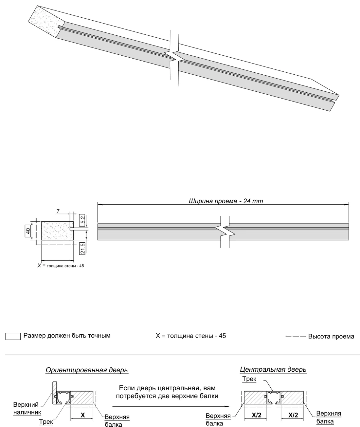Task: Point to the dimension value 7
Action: click(x=58, y=211)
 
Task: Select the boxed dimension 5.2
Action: click(x=82, y=220)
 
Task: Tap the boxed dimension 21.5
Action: click(x=82, y=248)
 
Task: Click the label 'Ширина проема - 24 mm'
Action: click(x=226, y=201)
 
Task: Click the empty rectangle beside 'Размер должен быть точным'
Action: click(x=13, y=336)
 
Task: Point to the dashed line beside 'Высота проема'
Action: click(x=296, y=336)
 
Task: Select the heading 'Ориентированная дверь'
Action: click(x=87, y=370)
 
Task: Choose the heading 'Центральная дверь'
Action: click(x=273, y=369)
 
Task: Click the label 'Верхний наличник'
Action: click(x=27, y=408)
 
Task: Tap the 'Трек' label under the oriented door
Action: click(x=46, y=421)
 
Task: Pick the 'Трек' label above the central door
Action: click(x=249, y=379)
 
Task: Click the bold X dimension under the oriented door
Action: click(x=82, y=415)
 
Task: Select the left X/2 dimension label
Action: click(x=256, y=415)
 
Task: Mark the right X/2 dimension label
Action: click(x=293, y=415)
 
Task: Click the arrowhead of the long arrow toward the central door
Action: click(x=227, y=407)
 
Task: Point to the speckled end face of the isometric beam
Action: click(x=46, y=22)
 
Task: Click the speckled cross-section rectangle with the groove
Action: click(x=58, y=231)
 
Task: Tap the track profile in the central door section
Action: click(x=274, y=398)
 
